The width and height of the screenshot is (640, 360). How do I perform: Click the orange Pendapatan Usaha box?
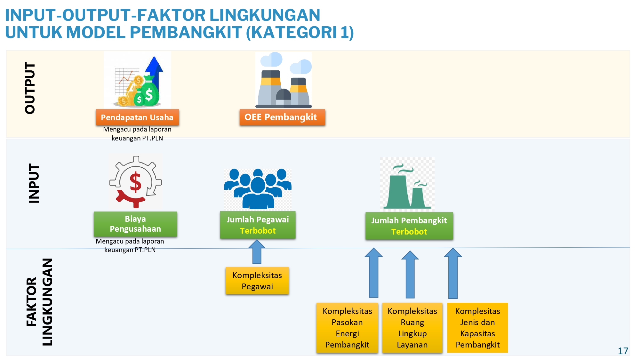point(137,117)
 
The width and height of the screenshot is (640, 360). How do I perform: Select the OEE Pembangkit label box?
point(282,117)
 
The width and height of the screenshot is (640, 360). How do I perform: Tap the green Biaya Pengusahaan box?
point(135,224)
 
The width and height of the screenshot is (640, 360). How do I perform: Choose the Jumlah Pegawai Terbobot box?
point(258,225)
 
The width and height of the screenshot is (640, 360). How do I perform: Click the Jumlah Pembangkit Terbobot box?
point(409,226)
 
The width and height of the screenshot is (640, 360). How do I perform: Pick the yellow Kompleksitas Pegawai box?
point(257,281)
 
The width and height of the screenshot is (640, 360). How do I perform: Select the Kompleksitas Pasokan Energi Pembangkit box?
point(347,328)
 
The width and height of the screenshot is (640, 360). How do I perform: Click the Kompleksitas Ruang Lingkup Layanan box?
point(412,328)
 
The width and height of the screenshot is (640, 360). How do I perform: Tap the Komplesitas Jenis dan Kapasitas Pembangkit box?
point(477,328)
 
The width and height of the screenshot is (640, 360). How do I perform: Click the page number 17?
point(623,351)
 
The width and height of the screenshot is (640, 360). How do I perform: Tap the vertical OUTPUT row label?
point(30,88)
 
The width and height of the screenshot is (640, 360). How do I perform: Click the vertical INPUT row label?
point(34,183)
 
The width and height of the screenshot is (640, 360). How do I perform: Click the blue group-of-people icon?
point(258,189)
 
